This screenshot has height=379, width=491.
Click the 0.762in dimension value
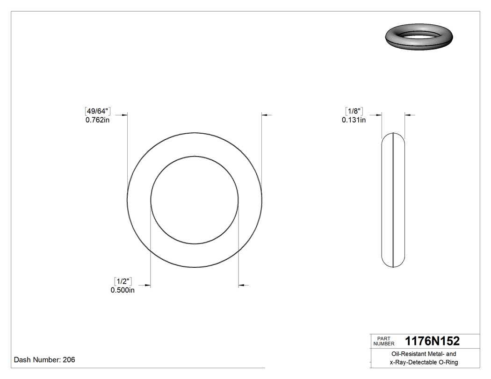(x=97, y=120)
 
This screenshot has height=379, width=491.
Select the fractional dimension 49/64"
(x=97, y=111)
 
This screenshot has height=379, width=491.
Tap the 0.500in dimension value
(x=123, y=290)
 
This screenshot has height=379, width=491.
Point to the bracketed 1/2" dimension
(x=123, y=281)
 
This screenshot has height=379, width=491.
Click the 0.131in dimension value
(x=354, y=120)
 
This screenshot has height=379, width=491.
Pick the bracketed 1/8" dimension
(x=354, y=111)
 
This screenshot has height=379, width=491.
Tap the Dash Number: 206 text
(x=44, y=360)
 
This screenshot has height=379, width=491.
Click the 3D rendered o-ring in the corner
(x=419, y=38)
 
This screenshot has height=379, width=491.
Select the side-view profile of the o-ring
(x=394, y=200)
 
